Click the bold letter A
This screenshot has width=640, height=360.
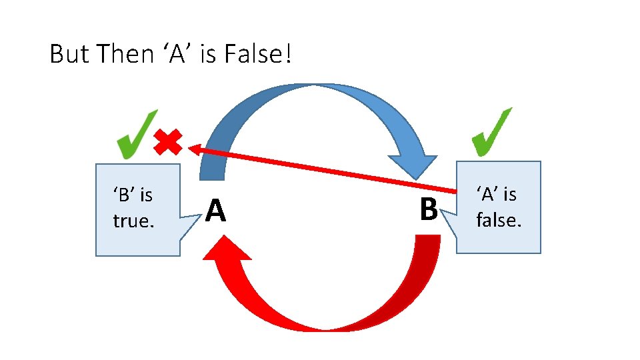pyautogui.click(x=215, y=211)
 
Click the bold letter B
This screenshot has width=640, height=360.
pyautogui.click(x=428, y=209)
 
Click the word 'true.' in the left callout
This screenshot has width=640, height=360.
pyautogui.click(x=133, y=221)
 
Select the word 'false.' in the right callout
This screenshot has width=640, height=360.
pyautogui.click(x=498, y=219)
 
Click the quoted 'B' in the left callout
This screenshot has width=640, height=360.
pyautogui.click(x=125, y=195)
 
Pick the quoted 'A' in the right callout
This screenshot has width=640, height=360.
pyautogui.click(x=489, y=194)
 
